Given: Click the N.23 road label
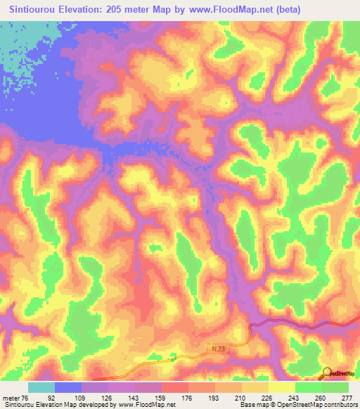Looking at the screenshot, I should tap(219, 348).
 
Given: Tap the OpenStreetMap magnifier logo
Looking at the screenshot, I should tap(328, 372).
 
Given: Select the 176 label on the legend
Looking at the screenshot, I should tap(188, 398).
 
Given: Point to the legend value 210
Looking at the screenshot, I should tap(241, 398).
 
